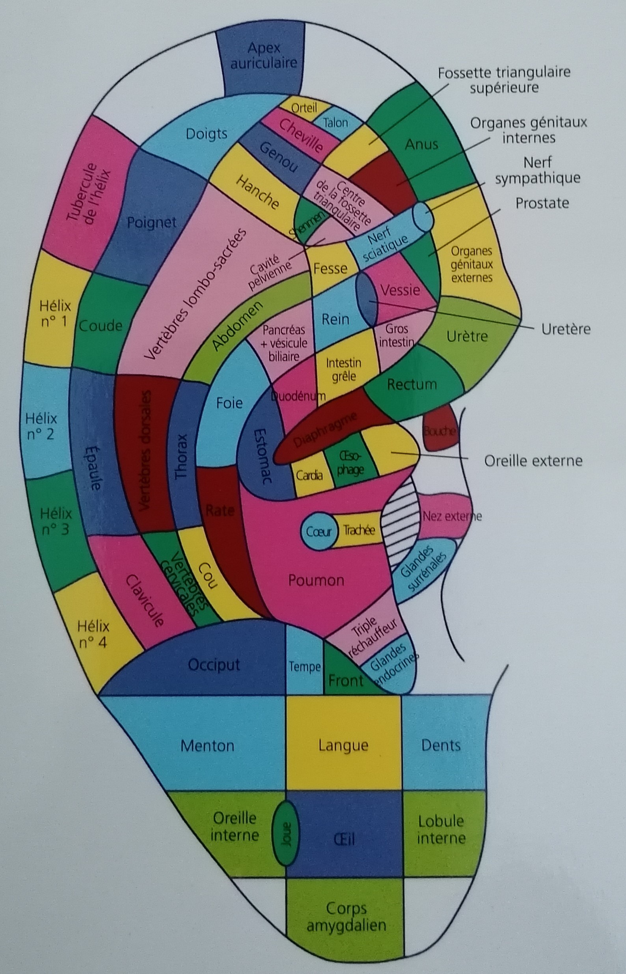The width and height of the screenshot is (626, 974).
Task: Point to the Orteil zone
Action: [304, 107]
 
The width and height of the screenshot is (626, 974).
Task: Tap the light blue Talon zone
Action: [336, 123]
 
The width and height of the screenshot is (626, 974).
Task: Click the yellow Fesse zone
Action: [330, 268]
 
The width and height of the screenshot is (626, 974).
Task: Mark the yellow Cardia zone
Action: [310, 475]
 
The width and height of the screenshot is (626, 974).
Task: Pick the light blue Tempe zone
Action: [304, 667]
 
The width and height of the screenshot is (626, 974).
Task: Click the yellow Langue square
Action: [343, 745]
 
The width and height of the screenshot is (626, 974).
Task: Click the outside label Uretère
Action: [565, 329]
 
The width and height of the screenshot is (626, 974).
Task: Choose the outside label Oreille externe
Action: [533, 461]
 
